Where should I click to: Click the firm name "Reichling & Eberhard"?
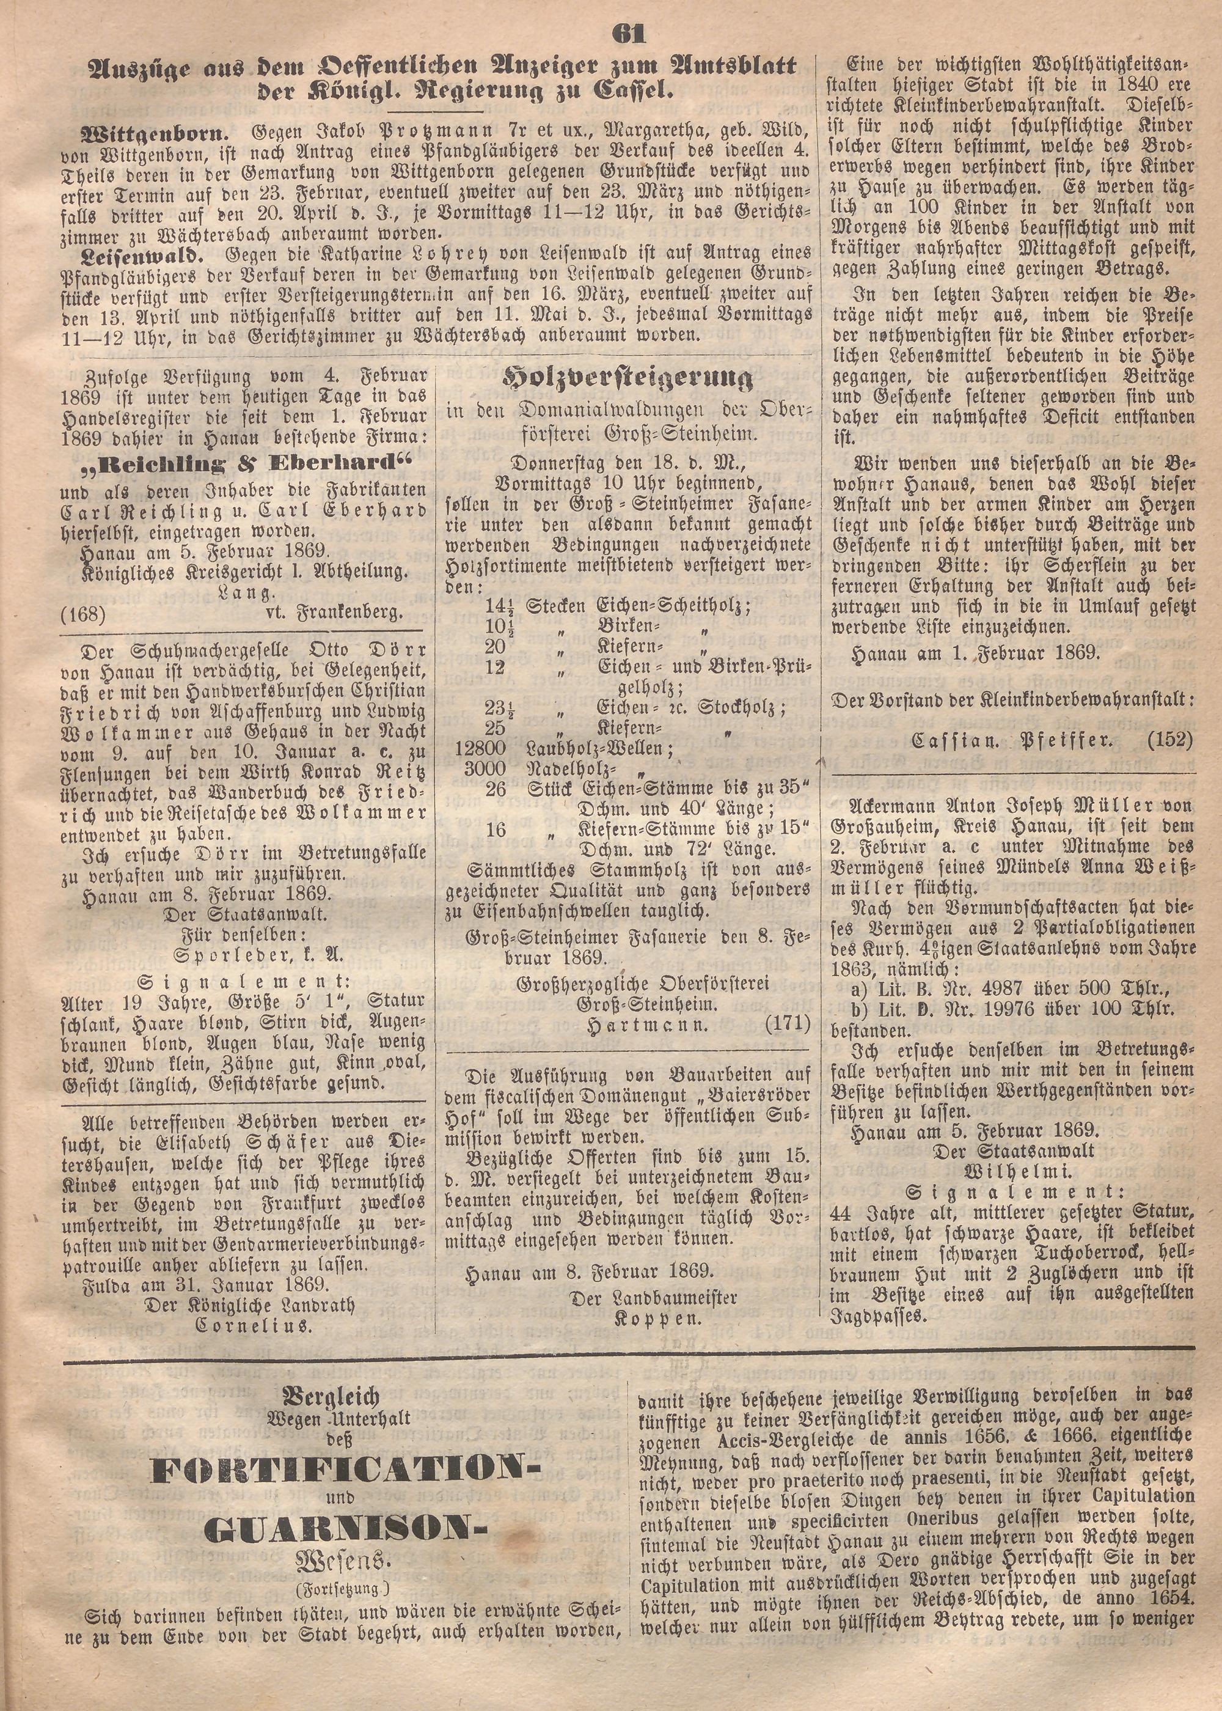coord(244,462)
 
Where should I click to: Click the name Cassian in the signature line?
coord(958,741)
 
